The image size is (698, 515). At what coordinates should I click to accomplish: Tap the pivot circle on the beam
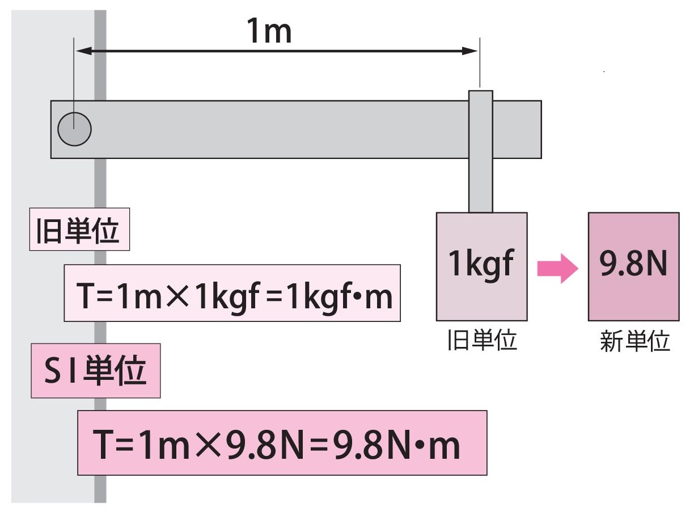(74, 129)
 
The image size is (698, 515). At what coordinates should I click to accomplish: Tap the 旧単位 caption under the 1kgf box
(481, 340)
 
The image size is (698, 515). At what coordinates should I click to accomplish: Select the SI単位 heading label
(95, 371)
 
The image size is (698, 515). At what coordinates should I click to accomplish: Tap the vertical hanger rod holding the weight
(480, 150)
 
